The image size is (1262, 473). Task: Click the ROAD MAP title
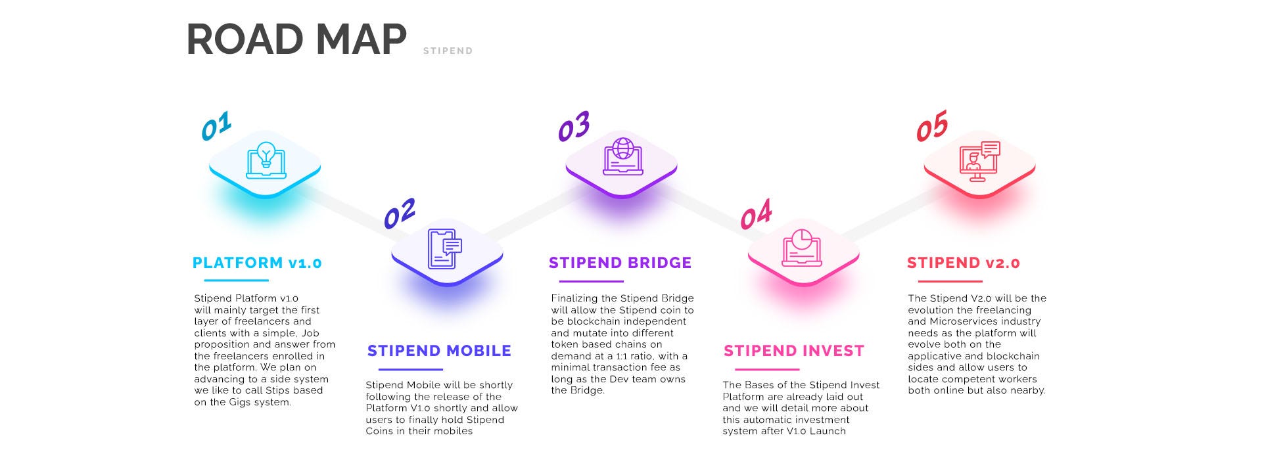296,39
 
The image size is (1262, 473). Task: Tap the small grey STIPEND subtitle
448,51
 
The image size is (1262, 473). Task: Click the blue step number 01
216,126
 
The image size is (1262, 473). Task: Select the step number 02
400,214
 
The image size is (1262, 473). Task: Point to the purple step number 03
574,126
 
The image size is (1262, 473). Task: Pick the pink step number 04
756,214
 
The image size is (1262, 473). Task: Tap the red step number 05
932,126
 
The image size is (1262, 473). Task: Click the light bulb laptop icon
266,160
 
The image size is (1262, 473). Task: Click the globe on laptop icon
622,156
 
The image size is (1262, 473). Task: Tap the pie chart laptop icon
801,248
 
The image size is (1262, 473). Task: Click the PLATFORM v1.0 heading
257,263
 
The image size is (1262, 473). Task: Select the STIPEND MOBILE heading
439,351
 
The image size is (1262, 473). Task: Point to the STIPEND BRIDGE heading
620,263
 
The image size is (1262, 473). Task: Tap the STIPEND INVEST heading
793,351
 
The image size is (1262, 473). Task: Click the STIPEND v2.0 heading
963,263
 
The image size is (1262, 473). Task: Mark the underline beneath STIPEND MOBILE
411,369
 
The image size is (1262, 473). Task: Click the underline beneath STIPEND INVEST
766,369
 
